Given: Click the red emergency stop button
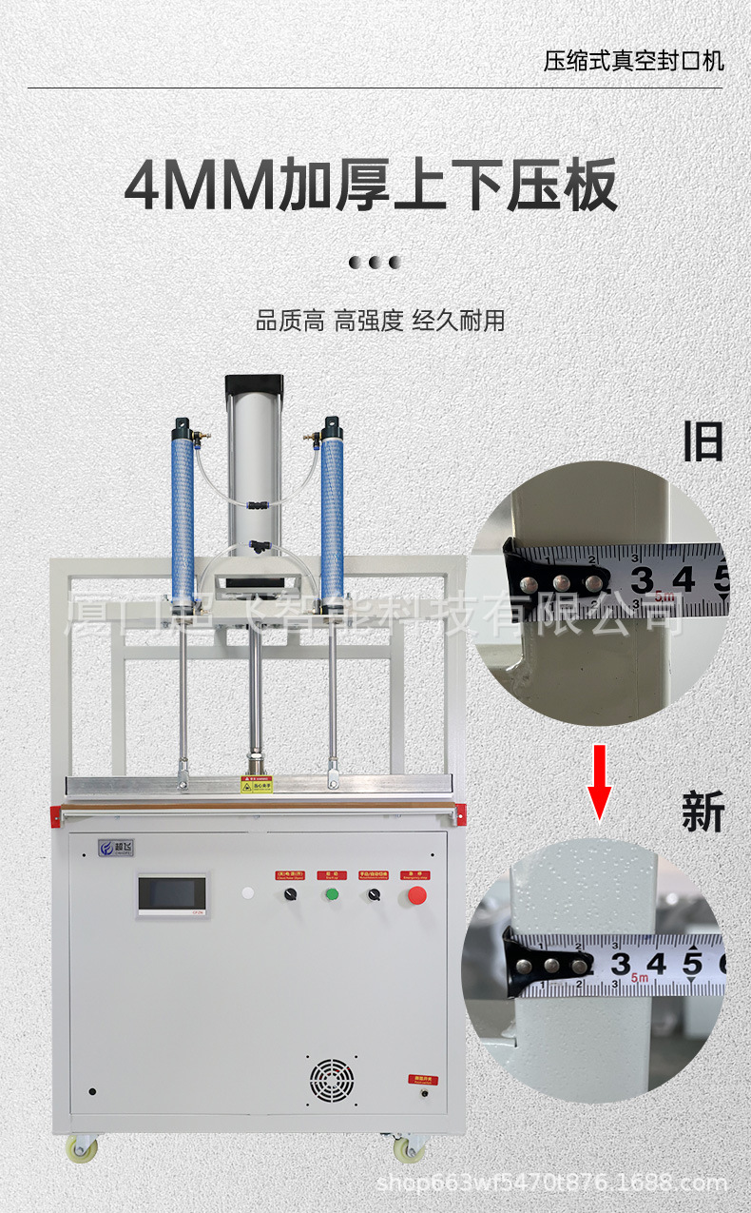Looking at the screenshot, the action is pos(416,894).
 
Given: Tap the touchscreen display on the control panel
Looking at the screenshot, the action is pos(172,894).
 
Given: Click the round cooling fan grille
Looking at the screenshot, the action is pos(332,1081).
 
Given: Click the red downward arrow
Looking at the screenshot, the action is pos(599,781).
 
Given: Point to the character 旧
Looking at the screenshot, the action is pos(703,441).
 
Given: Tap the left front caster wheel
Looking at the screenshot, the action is pos(83,1148).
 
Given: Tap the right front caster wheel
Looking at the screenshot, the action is pos(410,1149).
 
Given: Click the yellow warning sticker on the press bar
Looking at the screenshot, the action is pos(256,784).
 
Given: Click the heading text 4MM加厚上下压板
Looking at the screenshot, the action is pos(372,186).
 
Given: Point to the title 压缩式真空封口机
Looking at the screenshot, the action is pos(633,62).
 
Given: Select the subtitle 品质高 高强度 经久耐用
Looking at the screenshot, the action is pos(379,321).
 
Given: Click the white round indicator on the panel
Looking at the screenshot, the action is pos(248,894).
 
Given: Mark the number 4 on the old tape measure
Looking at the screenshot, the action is pos(683,578).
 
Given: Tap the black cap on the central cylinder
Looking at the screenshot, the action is pos(255,384).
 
